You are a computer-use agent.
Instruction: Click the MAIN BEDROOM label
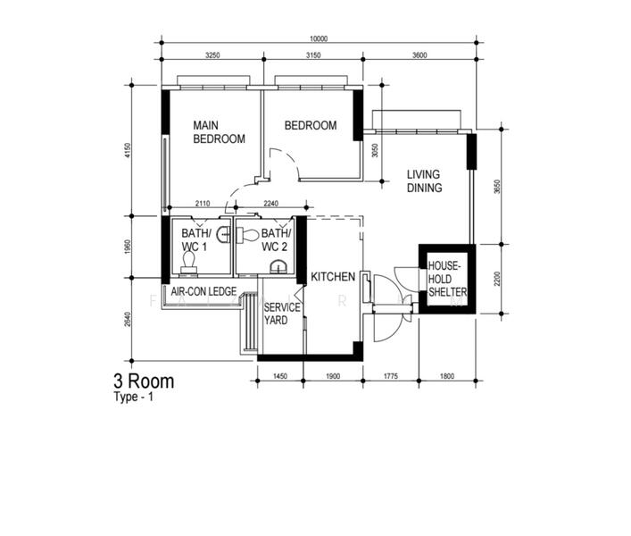click(x=219, y=133)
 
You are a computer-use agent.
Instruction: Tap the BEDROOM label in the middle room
click(x=311, y=126)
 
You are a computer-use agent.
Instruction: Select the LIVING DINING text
click(x=425, y=181)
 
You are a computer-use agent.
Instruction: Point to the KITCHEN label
click(x=333, y=278)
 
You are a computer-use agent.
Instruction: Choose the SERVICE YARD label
click(x=282, y=314)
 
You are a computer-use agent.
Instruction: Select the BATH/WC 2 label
click(x=276, y=239)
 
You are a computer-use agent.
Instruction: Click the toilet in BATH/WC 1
click(x=188, y=261)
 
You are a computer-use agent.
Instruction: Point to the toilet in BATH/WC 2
click(x=247, y=236)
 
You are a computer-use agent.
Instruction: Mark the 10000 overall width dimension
click(x=319, y=38)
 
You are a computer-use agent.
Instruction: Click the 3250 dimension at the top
click(x=212, y=55)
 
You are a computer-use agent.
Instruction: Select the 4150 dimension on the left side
click(x=128, y=151)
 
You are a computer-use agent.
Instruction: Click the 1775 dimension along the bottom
click(x=390, y=376)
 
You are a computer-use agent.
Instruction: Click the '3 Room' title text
click(x=144, y=381)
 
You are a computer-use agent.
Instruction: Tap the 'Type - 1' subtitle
click(x=134, y=398)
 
